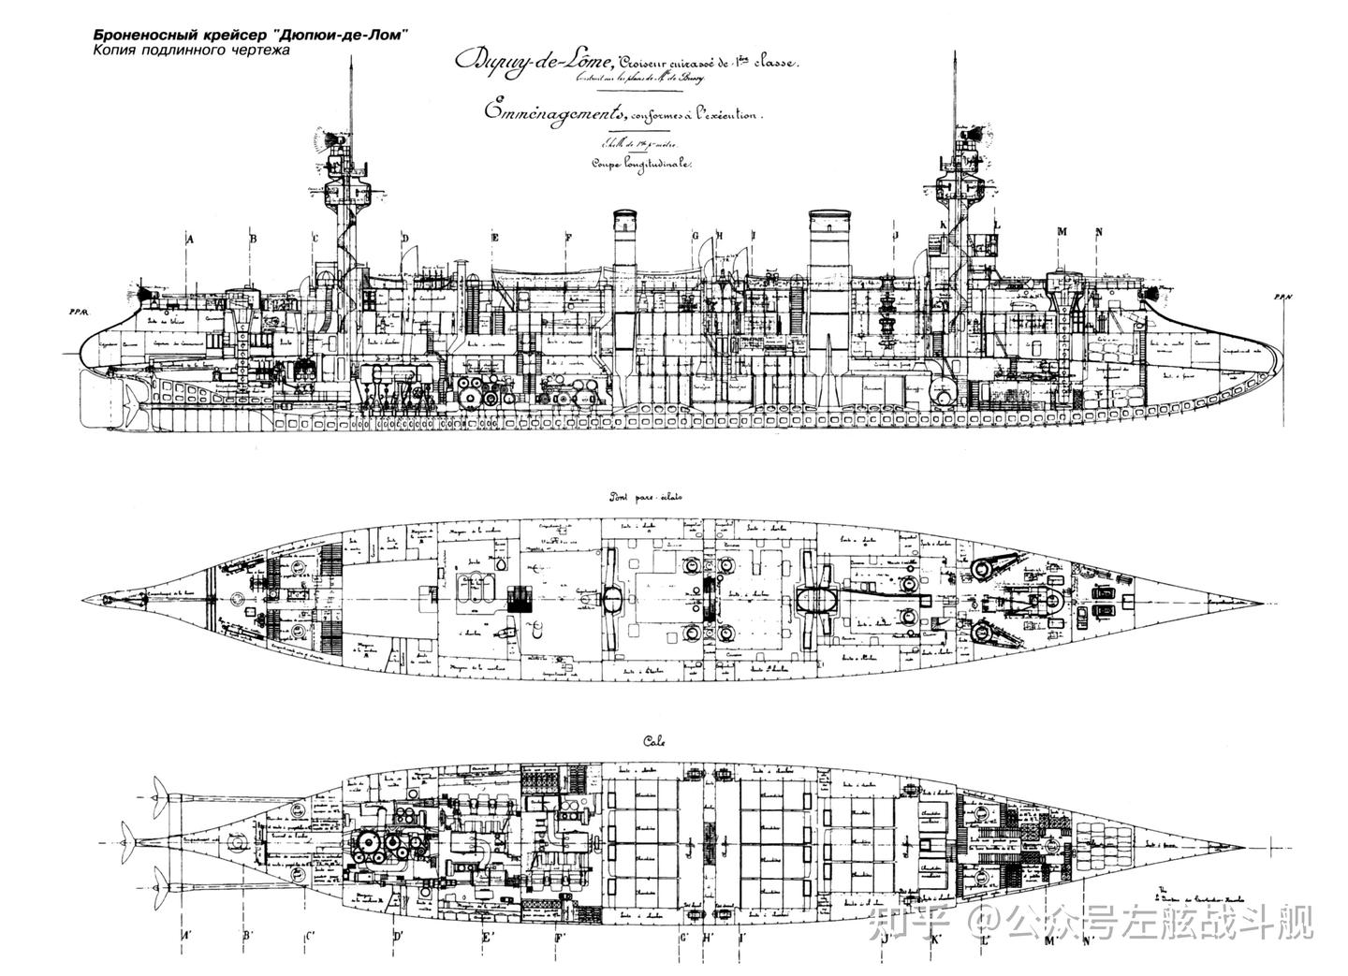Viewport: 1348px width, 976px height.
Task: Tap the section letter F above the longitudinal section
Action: pyautogui.click(x=567, y=239)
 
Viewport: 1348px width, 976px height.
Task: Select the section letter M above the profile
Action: pyautogui.click(x=1062, y=231)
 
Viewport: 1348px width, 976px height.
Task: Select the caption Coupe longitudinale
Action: pyautogui.click(x=640, y=163)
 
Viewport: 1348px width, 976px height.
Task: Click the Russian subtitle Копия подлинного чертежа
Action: pyautogui.click(x=191, y=51)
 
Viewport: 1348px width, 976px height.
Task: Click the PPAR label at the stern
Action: pyautogui.click(x=77, y=313)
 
